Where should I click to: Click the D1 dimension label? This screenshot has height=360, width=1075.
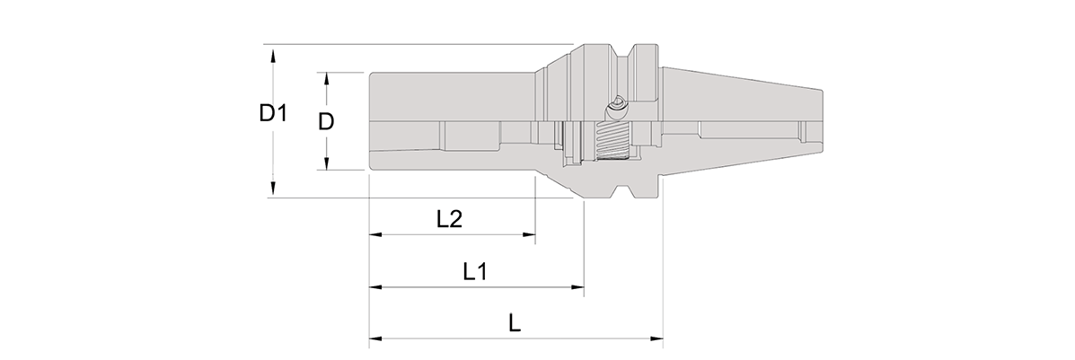point(272,113)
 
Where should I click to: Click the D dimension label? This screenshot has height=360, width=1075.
point(326,122)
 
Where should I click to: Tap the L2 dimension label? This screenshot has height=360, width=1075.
point(449,219)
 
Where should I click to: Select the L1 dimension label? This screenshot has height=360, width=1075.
point(474,272)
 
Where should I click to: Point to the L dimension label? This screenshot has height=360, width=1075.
point(515,323)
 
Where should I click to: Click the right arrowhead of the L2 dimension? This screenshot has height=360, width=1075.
point(529,234)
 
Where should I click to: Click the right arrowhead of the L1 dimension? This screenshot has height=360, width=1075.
point(577,287)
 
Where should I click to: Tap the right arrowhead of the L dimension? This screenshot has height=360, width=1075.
point(656,338)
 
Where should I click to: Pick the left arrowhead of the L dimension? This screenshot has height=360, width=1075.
point(375,338)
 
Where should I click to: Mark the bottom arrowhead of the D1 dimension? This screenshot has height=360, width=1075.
point(273,190)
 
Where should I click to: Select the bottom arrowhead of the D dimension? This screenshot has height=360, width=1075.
point(326,162)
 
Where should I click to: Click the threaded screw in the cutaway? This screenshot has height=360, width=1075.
point(612,142)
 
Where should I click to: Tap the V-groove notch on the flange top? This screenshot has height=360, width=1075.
point(628,53)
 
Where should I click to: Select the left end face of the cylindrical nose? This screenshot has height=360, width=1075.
point(369,121)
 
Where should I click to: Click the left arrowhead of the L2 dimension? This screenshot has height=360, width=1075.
point(375,234)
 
